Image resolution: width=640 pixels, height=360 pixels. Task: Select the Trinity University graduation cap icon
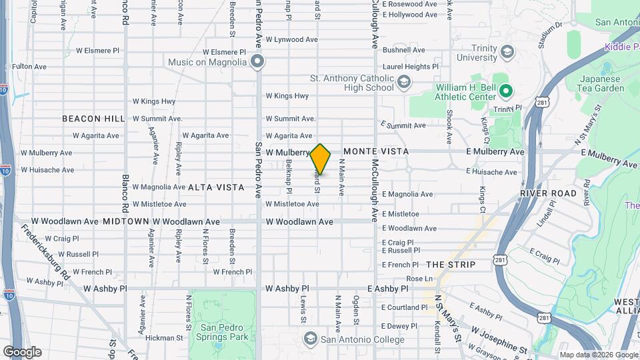point(507,52)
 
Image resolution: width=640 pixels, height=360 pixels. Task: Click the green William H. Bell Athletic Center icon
point(506,91)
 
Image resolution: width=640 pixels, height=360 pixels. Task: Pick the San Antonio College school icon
point(310,339)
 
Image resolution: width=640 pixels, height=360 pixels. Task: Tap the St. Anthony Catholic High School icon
point(403,82)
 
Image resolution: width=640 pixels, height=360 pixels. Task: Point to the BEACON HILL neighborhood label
point(93,119)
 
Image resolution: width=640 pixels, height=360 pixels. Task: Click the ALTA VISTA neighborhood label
point(216,187)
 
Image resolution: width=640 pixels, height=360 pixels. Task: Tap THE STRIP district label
point(451,265)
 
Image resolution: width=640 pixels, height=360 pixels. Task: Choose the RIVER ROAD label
point(549,193)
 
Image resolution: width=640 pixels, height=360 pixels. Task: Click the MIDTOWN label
point(126,221)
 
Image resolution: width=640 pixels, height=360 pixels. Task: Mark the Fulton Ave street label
point(29,67)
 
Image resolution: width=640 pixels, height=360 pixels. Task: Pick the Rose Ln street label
point(419,279)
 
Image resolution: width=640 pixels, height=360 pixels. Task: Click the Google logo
point(22,352)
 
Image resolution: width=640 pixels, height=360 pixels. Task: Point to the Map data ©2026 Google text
point(598,355)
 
